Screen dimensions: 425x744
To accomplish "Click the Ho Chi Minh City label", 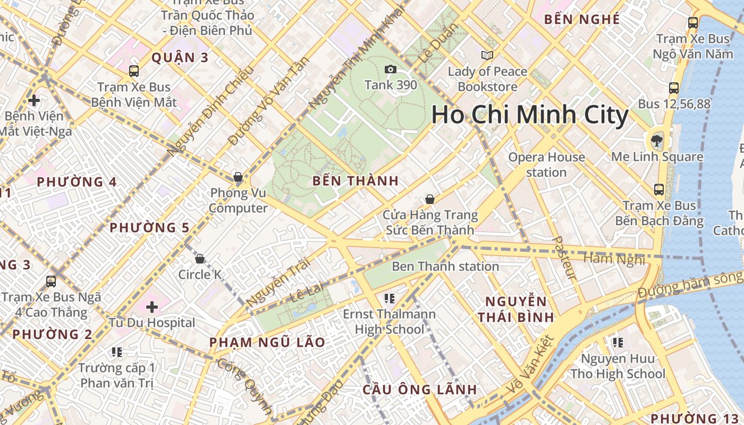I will click(530, 115).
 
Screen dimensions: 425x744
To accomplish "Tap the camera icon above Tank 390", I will click(390, 70).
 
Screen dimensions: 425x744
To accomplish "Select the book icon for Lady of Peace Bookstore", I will click(487, 55).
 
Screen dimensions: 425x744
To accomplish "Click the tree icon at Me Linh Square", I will click(657, 141).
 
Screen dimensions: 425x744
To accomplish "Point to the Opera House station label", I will click(546, 165).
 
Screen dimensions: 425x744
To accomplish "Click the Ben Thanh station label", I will click(445, 266).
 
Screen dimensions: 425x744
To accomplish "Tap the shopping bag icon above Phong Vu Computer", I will click(238, 177).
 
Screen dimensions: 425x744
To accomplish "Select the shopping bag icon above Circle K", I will click(200, 259).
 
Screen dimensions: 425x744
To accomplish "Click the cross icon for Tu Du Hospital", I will click(152, 307).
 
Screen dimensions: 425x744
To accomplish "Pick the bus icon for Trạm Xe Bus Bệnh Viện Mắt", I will click(134, 71).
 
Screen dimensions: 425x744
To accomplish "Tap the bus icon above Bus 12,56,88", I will click(674, 88).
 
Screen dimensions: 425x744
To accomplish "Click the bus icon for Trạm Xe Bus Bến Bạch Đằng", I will click(659, 190).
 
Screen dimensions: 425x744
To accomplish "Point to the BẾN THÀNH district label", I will click(356, 181).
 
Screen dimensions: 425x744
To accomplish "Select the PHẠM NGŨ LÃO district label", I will click(267, 342).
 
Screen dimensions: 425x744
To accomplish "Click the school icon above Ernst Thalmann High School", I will click(389, 299).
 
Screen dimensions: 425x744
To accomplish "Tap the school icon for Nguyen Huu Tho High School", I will click(618, 343).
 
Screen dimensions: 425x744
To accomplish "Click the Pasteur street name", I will click(564, 258).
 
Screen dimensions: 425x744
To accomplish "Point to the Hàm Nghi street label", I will click(614, 259).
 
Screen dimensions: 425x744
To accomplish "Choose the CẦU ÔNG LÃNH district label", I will click(419, 389).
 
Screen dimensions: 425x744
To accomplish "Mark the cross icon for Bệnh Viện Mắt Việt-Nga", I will click(34, 100).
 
